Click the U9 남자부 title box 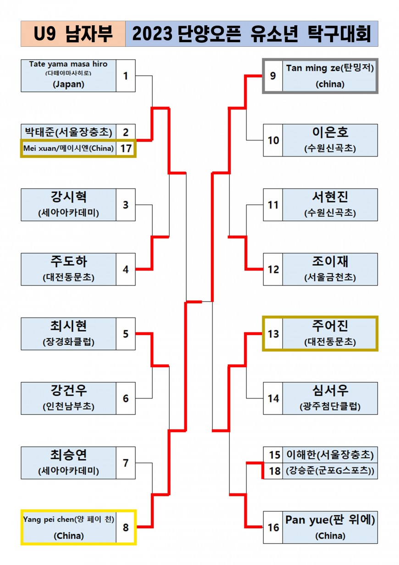click(x=73, y=34)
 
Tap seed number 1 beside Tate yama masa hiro click(x=126, y=76)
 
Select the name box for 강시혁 click(x=69, y=205)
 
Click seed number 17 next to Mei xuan click(x=126, y=149)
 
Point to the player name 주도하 click(x=69, y=262)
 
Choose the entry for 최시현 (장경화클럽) click(x=69, y=334)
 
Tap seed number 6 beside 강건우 click(x=126, y=398)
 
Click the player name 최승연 click(x=69, y=455)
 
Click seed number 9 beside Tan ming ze click(x=273, y=76)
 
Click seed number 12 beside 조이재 click(x=273, y=269)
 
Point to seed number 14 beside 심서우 click(x=273, y=398)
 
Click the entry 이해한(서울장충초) click(x=330, y=455)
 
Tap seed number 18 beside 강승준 click(x=274, y=471)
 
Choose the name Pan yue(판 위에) click(x=330, y=520)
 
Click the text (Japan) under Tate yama click(x=68, y=84)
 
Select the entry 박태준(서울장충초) click(x=68, y=132)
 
